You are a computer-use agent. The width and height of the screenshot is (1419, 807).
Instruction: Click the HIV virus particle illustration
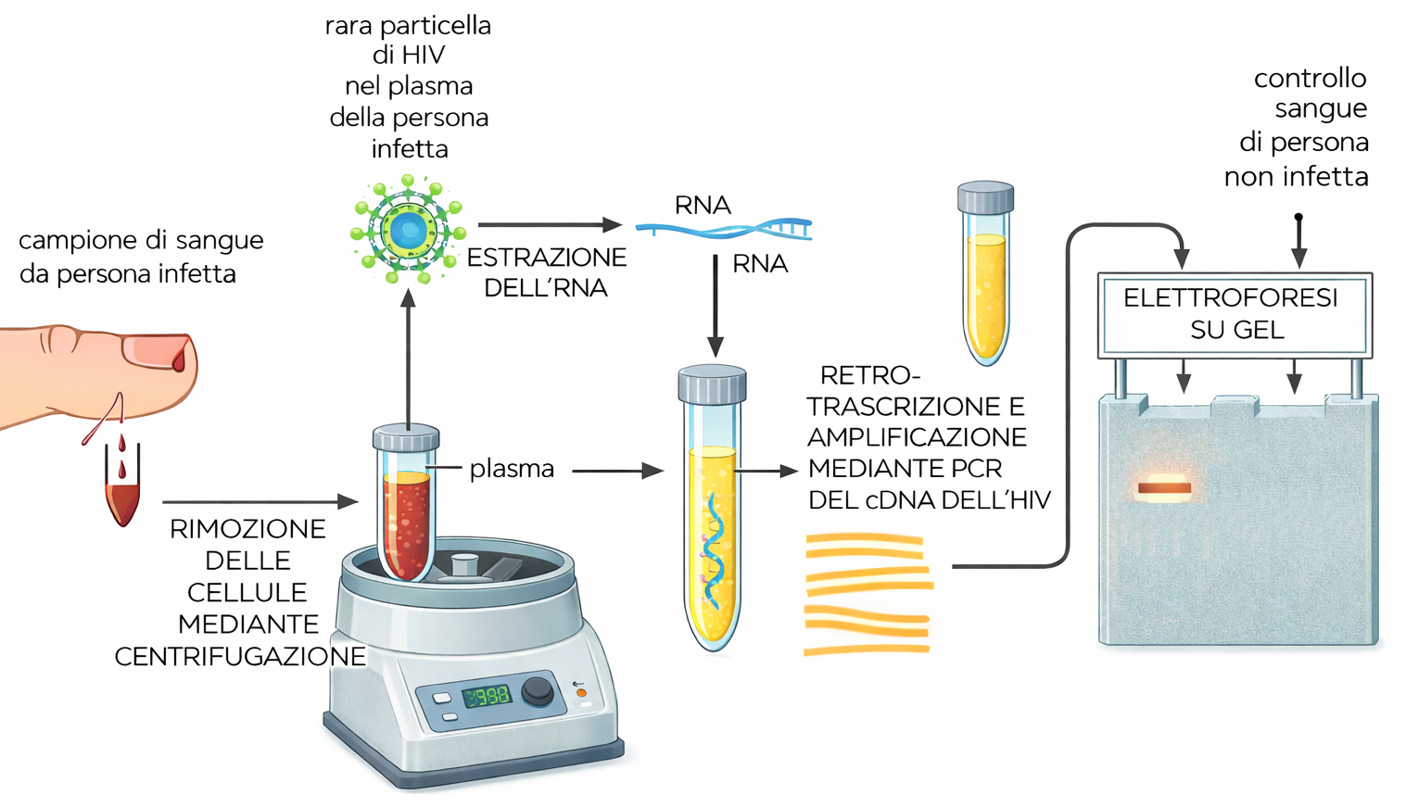coord(407,230)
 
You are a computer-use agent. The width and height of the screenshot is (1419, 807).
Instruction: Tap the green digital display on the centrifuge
coord(487,695)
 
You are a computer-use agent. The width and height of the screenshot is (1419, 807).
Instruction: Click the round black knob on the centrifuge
coord(538,690)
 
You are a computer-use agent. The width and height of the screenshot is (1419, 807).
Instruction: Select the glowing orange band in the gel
coord(1164,487)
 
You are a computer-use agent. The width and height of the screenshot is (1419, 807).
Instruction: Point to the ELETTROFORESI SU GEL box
coord(1234,314)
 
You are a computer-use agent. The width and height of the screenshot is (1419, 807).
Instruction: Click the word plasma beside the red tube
coord(512,469)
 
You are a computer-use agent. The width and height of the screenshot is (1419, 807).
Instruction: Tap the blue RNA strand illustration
coord(724,227)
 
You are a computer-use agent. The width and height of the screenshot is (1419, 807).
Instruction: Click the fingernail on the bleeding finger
coord(158,351)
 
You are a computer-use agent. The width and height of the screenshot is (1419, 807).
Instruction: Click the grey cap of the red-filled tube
coord(406,437)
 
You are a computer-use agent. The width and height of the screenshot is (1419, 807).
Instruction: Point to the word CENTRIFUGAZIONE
coord(240,656)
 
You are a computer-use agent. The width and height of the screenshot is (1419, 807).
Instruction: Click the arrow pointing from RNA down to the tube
coord(716,306)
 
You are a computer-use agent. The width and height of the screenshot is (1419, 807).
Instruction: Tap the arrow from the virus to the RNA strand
coord(549,224)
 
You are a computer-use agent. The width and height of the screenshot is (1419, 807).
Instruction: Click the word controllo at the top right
coord(1310,78)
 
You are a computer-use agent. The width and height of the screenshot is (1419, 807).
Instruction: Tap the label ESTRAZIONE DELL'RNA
coord(546,272)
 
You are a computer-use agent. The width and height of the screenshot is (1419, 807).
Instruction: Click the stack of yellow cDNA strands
coord(867,594)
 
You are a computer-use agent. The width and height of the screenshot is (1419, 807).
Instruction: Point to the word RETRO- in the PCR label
coord(869,375)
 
